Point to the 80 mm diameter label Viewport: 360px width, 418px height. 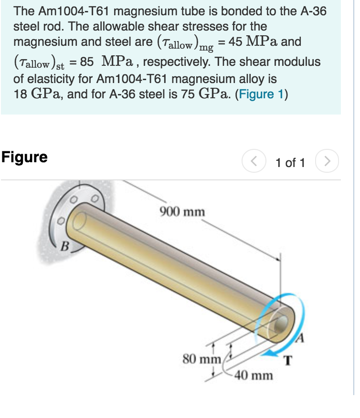coord(201,358)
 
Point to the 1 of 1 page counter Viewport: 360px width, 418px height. coord(290,163)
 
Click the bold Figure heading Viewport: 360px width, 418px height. coord(24,157)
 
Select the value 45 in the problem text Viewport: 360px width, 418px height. coord(235,42)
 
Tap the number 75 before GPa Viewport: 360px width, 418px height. coord(188,94)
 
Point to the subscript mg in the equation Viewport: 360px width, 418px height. coord(206,47)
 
